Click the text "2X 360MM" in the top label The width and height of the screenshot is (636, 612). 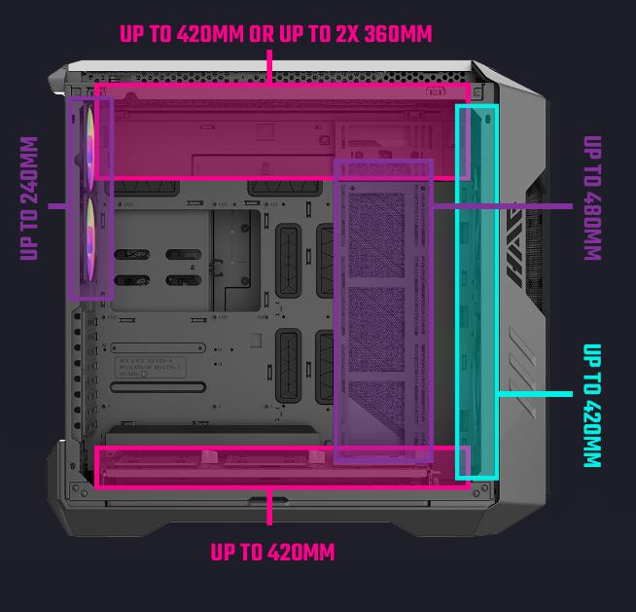point(384,34)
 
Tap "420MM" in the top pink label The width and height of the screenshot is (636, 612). point(210,34)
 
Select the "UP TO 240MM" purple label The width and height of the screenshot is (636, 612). point(29,198)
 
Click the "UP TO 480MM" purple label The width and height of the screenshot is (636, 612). point(592,198)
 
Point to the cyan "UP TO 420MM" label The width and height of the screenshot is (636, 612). point(592,406)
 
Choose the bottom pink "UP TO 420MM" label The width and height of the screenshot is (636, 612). point(272,552)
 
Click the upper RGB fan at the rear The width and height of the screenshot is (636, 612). point(89,149)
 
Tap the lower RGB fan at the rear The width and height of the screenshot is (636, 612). point(89,239)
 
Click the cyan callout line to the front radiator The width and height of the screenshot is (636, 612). point(536,394)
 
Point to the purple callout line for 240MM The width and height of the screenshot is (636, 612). point(58,206)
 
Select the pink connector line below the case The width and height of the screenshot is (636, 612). point(269,507)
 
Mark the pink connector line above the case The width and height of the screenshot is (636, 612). point(269,67)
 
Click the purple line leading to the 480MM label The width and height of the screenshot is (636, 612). point(503,206)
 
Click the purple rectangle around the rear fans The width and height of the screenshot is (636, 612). point(69,198)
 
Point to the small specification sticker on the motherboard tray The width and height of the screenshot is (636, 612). point(150,367)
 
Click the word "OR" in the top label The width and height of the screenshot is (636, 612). point(262,34)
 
